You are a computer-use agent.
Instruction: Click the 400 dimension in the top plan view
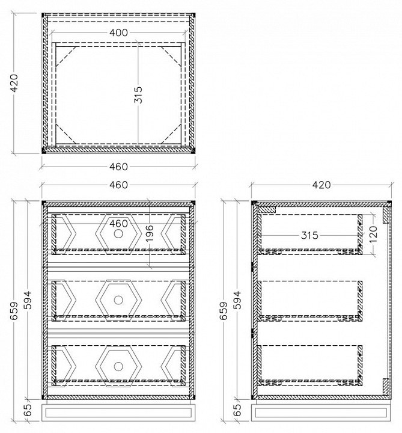pos(118,32)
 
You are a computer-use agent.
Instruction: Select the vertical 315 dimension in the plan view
pos(138,95)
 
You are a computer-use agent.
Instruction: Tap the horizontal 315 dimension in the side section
pos(309,235)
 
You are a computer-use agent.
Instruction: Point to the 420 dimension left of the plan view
pos(14,83)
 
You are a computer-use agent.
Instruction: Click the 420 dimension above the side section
pos(321,185)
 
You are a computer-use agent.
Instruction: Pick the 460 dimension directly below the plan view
pos(118,167)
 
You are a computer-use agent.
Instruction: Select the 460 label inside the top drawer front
pos(118,223)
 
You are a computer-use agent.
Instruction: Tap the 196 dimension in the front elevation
pos(149,233)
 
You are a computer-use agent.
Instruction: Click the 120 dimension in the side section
pos(373,234)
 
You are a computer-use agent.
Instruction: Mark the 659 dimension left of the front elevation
pos(14,311)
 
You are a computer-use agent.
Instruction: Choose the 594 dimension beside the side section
pos(237,300)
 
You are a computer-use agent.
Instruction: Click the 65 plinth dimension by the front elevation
pos(28,410)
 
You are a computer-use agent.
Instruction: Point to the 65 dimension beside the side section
pos(237,410)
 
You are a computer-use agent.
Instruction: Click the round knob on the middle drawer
pos(118,300)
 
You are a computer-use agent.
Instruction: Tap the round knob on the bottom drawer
pos(118,366)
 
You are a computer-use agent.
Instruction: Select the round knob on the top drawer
pos(118,233)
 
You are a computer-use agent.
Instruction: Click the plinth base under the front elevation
pos(118,413)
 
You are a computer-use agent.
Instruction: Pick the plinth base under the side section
pos(321,413)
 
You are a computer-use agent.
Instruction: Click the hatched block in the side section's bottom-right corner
pos(386,386)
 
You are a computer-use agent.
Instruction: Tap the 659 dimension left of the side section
pos(224,311)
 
